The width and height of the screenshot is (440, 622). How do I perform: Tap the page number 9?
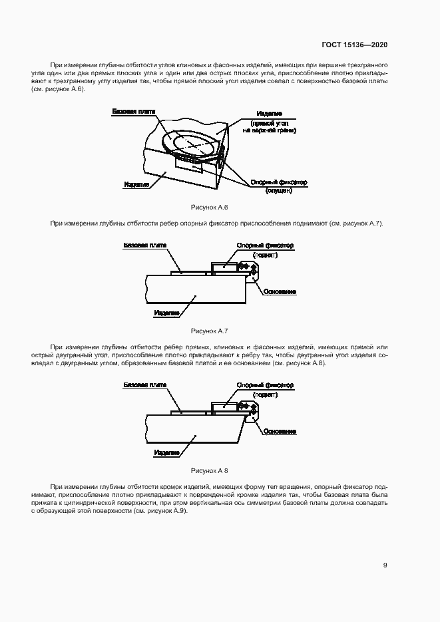pyautogui.click(x=385, y=565)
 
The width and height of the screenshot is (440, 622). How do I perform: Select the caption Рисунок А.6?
pyautogui.click(x=210, y=208)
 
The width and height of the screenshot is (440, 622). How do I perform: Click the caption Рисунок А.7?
pyautogui.click(x=210, y=331)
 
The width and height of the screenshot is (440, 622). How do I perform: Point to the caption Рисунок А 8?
pyautogui.click(x=210, y=470)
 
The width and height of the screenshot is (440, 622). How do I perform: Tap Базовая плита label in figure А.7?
pyautogui.click(x=141, y=245)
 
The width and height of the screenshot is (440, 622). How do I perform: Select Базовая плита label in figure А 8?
pyautogui.click(x=141, y=385)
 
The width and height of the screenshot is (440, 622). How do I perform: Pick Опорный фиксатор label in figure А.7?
pyautogui.click(x=265, y=245)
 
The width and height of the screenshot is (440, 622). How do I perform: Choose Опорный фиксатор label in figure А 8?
pyautogui.click(x=265, y=385)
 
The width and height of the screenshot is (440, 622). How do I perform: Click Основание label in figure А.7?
pyautogui.click(x=280, y=292)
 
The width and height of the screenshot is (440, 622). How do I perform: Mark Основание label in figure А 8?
pyautogui.click(x=280, y=432)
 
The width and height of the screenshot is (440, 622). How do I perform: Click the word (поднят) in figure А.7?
pyautogui.click(x=265, y=255)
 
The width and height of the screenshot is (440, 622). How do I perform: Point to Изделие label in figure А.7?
pyautogui.click(x=166, y=312)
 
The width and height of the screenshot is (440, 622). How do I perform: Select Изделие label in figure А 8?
pyautogui.click(x=166, y=452)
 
